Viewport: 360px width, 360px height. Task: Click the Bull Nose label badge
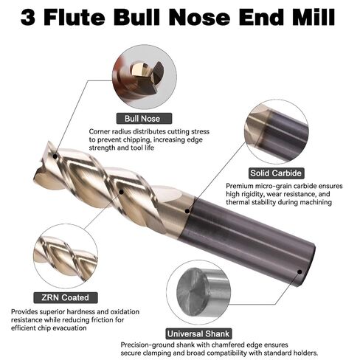pos(144,119)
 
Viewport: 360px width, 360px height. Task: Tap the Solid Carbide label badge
pos(276,173)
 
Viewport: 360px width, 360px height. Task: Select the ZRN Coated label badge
pos(66,297)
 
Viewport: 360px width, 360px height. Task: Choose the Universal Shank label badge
pos(198,333)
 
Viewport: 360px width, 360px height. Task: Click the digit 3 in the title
pos(28,18)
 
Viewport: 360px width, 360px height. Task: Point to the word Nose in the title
pos(199,17)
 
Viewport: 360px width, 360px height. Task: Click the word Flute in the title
pos(75,17)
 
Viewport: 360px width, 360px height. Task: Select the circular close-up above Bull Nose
pos(145,77)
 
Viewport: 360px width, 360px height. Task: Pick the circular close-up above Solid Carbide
pos(277,131)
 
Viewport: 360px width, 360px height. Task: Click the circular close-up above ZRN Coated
pos(66,256)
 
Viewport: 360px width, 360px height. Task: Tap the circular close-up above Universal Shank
pos(198,292)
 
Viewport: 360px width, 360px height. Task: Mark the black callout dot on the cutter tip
pos(55,156)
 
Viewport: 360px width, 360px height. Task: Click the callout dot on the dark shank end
pos(300,271)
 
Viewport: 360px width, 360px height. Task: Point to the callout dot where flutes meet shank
pos(187,211)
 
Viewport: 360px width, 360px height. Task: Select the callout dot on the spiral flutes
pos(121,192)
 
